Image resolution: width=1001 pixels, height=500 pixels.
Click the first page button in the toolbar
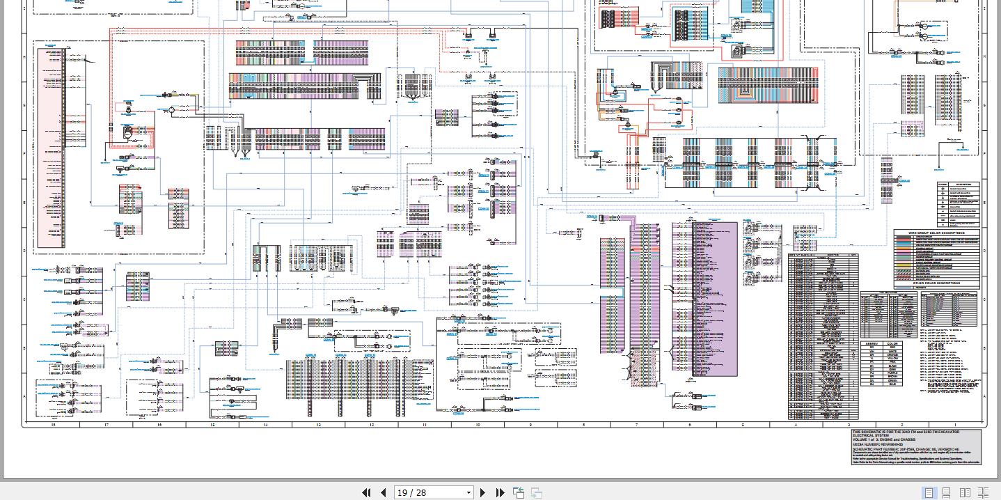[x=366, y=492]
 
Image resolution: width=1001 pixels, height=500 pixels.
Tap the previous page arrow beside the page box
[x=383, y=492]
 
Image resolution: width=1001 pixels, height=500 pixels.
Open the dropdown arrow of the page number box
[x=468, y=492]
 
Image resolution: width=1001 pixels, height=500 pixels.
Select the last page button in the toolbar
[x=500, y=492]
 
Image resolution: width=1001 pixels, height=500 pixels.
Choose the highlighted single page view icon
[x=929, y=492]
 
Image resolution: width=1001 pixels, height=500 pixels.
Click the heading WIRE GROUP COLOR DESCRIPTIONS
[x=936, y=233]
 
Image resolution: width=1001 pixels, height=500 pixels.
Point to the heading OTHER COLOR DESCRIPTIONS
[x=936, y=283]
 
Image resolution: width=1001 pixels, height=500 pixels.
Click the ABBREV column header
[x=872, y=343]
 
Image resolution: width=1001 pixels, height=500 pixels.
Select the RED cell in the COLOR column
[x=892, y=347]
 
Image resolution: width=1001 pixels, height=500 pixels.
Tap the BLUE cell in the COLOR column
[x=892, y=384]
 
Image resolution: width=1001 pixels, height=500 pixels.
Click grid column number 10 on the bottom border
[x=478, y=424]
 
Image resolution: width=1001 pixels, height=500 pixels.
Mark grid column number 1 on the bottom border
[x=955, y=424]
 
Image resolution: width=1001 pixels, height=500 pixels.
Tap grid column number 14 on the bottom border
[x=265, y=424]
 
